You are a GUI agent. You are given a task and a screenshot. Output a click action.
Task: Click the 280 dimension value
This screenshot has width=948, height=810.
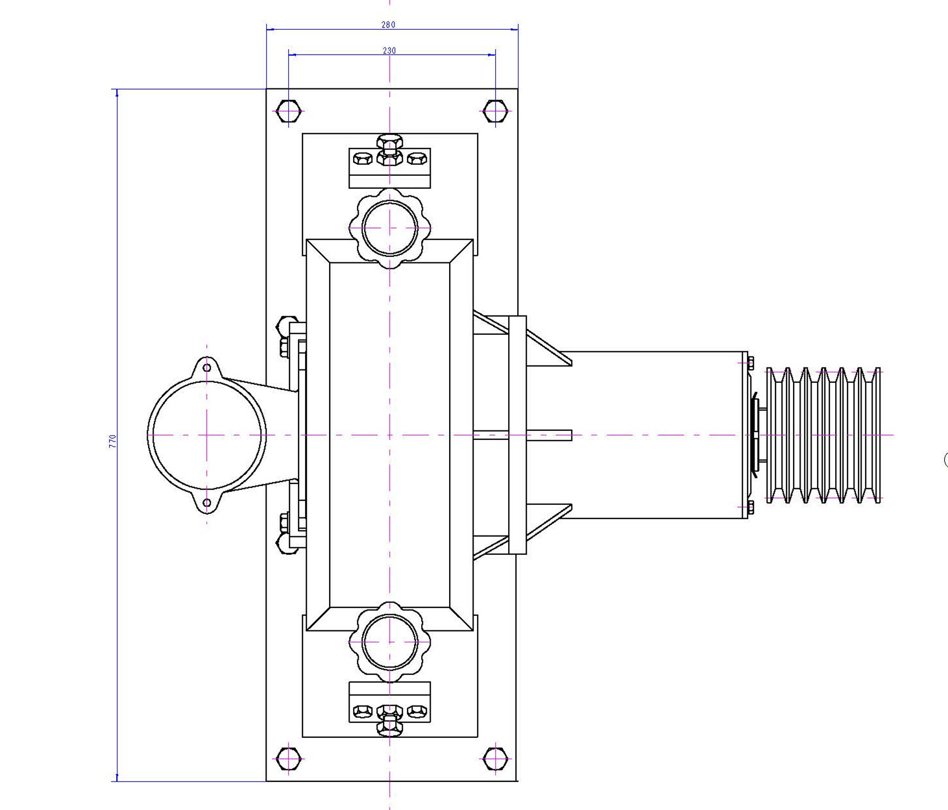click(x=388, y=25)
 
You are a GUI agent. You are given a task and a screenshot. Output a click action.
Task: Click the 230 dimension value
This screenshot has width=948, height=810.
click(x=389, y=51)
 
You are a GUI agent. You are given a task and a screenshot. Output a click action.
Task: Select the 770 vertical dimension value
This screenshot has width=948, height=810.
click(x=112, y=441)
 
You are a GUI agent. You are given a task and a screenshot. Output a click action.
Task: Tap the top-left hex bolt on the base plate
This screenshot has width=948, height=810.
click(x=288, y=112)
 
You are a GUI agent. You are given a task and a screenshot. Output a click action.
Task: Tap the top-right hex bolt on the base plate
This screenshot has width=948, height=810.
click(x=495, y=112)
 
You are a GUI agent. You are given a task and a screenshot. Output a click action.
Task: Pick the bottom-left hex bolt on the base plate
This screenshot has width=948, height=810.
click(x=288, y=758)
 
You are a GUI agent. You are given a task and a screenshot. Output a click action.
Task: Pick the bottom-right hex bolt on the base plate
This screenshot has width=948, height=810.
click(x=495, y=758)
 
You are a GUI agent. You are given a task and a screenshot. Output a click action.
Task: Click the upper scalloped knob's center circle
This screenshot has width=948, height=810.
click(x=389, y=228)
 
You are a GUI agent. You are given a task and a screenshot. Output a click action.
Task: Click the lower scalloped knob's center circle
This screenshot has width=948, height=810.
click(x=389, y=642)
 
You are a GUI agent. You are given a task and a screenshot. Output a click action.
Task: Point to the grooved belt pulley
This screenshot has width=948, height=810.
click(x=823, y=435)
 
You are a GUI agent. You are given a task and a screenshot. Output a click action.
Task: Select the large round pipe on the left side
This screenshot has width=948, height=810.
click(x=206, y=435)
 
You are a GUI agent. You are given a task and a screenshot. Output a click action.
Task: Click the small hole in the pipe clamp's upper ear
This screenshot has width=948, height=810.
click(x=206, y=368)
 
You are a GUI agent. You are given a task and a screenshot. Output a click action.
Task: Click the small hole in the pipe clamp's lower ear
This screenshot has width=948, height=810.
click(x=206, y=502)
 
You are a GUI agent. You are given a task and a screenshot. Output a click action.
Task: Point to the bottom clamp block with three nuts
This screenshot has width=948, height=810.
click(x=389, y=704)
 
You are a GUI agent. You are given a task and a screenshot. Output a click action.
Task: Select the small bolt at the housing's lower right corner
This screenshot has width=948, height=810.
click(x=750, y=508)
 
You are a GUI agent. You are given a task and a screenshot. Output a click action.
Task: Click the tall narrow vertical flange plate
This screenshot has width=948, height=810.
click(x=517, y=435)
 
